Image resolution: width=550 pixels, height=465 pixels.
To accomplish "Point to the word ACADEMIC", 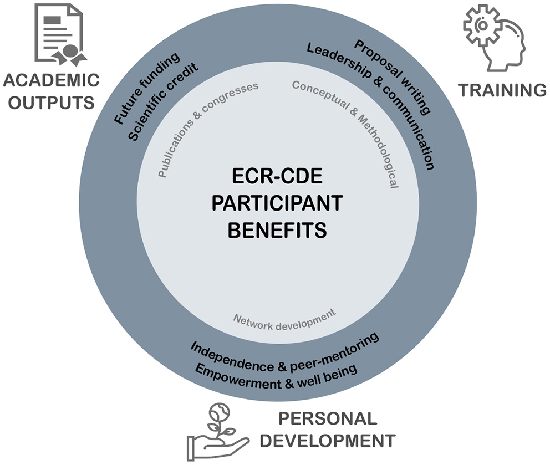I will tap(51, 81).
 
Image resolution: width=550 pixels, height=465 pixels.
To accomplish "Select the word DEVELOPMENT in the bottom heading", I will tap(328, 441).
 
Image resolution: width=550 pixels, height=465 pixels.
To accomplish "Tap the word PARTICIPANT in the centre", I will tap(276, 203).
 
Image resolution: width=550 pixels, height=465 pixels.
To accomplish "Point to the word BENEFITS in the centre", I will tap(276, 228).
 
